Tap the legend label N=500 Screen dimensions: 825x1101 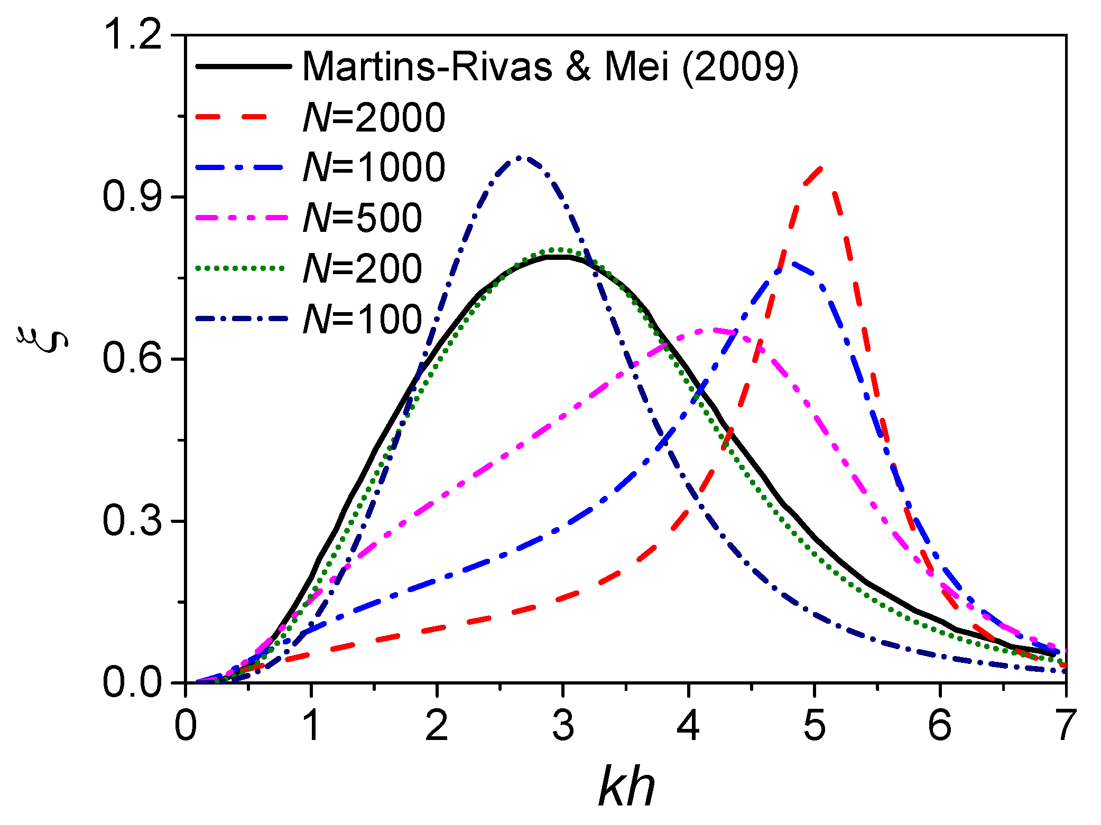pos(363,218)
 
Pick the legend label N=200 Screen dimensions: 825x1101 pos(363,268)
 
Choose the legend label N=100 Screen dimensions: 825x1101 pos(363,319)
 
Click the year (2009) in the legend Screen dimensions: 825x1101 pos(740,67)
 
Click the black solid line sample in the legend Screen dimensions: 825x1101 pos(243,67)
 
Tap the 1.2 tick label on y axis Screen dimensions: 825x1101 pos(132,36)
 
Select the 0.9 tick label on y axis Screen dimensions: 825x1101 pos(132,197)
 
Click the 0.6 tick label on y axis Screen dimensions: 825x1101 pos(132,359)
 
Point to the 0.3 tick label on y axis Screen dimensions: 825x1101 pos(132,521)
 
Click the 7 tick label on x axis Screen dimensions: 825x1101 pos(1064,726)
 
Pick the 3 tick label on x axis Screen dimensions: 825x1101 pos(563,726)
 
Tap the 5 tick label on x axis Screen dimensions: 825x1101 pos(814,726)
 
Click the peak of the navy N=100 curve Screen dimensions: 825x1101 pos(520,157)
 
